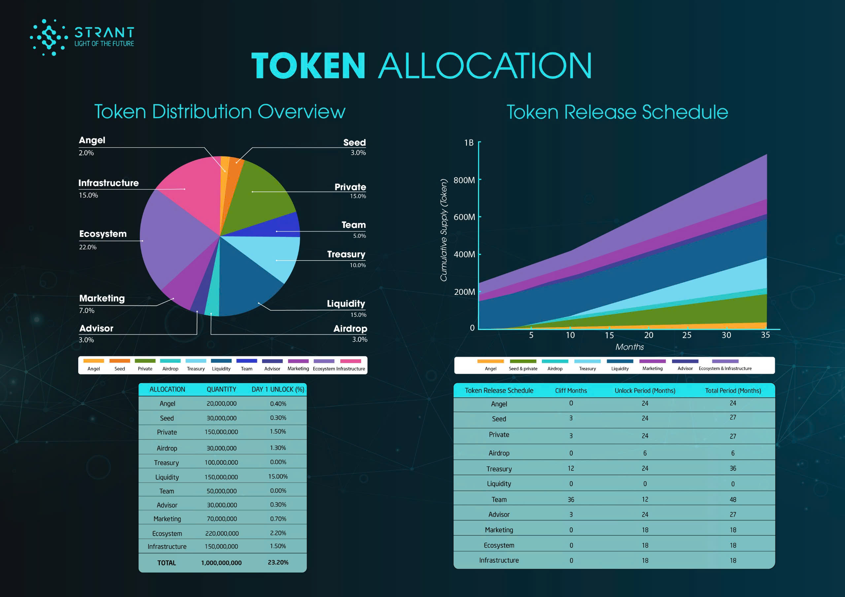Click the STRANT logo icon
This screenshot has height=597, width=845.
pos(49,38)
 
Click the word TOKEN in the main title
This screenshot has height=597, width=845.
pos(308,66)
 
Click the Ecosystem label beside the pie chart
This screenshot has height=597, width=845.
pos(103,234)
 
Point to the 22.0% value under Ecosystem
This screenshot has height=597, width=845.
pos(87,247)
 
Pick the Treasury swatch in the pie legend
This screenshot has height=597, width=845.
pos(195,361)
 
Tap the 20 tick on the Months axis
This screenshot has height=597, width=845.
pos(649,335)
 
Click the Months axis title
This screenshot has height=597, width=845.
pos(629,347)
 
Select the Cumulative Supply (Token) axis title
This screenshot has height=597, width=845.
pos(444,230)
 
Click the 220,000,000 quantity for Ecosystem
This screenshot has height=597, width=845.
pos(221,533)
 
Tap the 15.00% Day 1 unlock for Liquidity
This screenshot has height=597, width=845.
pos(278,477)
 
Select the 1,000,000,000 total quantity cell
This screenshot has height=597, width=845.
pos(221,563)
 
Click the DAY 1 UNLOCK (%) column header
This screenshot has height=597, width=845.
pos(278,390)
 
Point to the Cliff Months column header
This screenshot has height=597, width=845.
pos(571,391)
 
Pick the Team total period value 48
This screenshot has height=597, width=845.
pos(733,499)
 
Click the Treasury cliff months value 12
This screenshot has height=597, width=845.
pos(571,468)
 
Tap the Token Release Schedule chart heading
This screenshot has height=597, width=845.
pos(617,112)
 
